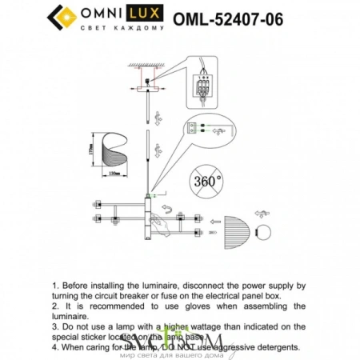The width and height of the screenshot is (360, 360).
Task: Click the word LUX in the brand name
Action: (x=149, y=13)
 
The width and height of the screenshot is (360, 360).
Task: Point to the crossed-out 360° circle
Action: (x=207, y=182)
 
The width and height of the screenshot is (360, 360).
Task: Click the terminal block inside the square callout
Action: (x=203, y=82)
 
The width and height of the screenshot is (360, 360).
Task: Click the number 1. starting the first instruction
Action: (x=55, y=284)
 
